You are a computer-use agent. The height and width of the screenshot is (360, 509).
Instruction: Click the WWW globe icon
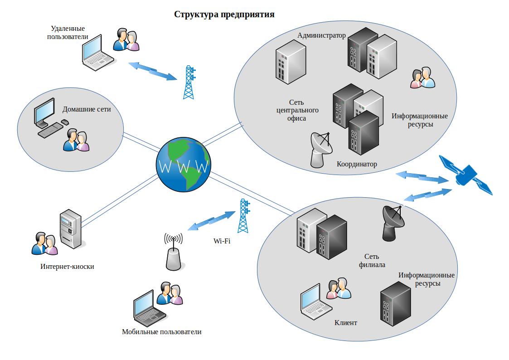(183, 166)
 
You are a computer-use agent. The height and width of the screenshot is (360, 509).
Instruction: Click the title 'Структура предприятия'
(224, 15)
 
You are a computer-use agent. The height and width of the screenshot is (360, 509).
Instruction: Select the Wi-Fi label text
(222, 241)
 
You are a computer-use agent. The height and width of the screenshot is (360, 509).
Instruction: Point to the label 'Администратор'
(321, 35)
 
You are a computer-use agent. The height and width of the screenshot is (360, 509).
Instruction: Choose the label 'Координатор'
(357, 164)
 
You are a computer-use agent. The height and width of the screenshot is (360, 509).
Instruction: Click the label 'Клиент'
(346, 323)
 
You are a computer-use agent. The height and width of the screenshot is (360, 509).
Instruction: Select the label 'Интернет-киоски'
(67, 267)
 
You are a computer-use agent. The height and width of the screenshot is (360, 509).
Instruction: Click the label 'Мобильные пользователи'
(162, 332)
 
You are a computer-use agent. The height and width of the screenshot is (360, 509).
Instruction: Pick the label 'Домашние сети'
(87, 109)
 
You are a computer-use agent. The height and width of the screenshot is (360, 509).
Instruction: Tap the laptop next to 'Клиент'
(315, 302)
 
